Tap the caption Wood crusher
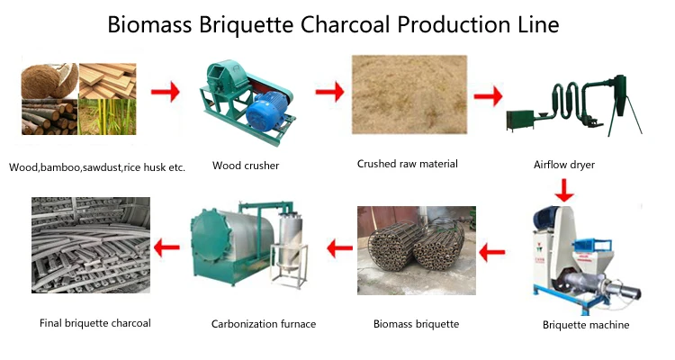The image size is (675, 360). coord(246,166)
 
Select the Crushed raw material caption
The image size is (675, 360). coord(407,164)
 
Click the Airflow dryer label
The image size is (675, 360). coord(564,166)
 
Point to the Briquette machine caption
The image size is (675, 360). coord(586,325)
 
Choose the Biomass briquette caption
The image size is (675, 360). coord(416,323)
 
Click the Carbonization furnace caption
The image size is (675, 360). coord(264,323)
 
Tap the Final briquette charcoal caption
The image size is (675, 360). coord(95,322)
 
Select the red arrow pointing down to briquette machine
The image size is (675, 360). coord(564,190)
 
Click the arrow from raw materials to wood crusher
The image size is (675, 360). coord(164,91)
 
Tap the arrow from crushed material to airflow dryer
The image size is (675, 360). coord(487,94)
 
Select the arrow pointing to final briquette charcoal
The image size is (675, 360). coord(166,245)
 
